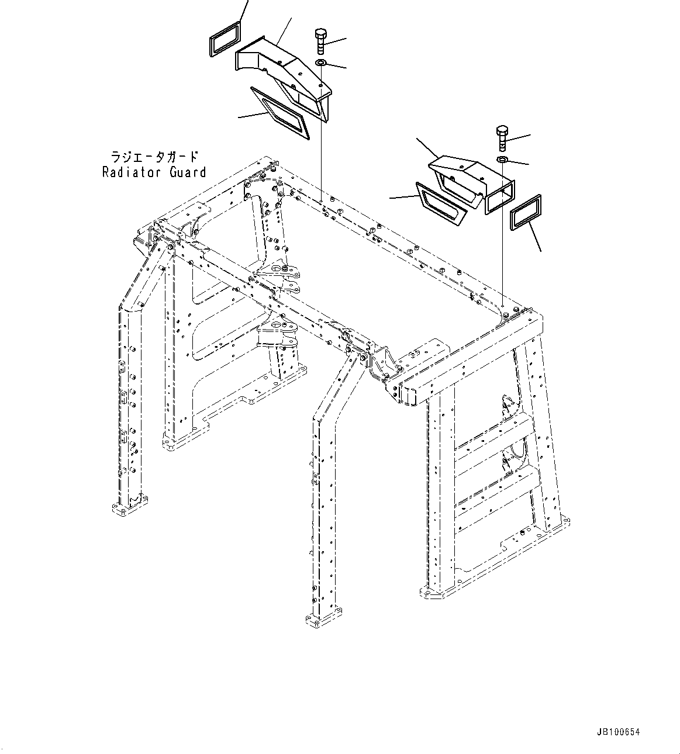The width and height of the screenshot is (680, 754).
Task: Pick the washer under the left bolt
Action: pyautogui.click(x=321, y=63)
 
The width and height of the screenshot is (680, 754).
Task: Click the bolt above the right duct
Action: pyautogui.click(x=502, y=137)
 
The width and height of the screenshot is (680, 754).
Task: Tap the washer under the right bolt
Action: pyautogui.click(x=502, y=160)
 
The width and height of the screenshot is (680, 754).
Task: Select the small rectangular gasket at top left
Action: pyautogui.click(x=225, y=39)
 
